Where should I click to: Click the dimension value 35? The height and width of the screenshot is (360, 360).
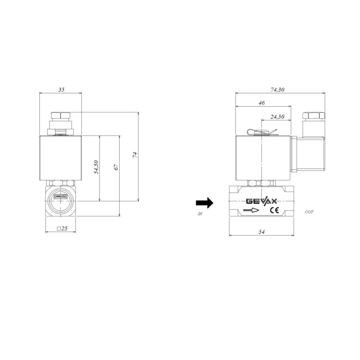(61, 90)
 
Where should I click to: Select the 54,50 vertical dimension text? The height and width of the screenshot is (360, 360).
(96, 167)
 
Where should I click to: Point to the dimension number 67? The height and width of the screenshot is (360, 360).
(116, 167)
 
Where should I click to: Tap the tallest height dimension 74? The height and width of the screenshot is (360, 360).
(135, 155)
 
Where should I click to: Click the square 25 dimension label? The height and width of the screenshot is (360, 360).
(61, 228)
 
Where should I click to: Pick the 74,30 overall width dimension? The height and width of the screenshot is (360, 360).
(278, 90)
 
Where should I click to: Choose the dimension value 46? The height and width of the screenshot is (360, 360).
(262, 102)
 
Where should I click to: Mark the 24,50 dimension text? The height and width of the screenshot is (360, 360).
(277, 117)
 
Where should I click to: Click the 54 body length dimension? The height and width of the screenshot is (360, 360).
(261, 232)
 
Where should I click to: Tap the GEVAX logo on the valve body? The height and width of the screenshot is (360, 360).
(261, 201)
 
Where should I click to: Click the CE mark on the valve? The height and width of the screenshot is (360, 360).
(274, 210)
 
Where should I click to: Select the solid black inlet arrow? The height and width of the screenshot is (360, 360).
(204, 203)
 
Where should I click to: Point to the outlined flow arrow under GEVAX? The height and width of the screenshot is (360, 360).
(251, 211)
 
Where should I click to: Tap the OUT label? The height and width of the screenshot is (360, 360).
(309, 212)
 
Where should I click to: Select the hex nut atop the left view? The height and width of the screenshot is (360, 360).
(60, 116)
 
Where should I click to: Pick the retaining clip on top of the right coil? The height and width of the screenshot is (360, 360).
(261, 132)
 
